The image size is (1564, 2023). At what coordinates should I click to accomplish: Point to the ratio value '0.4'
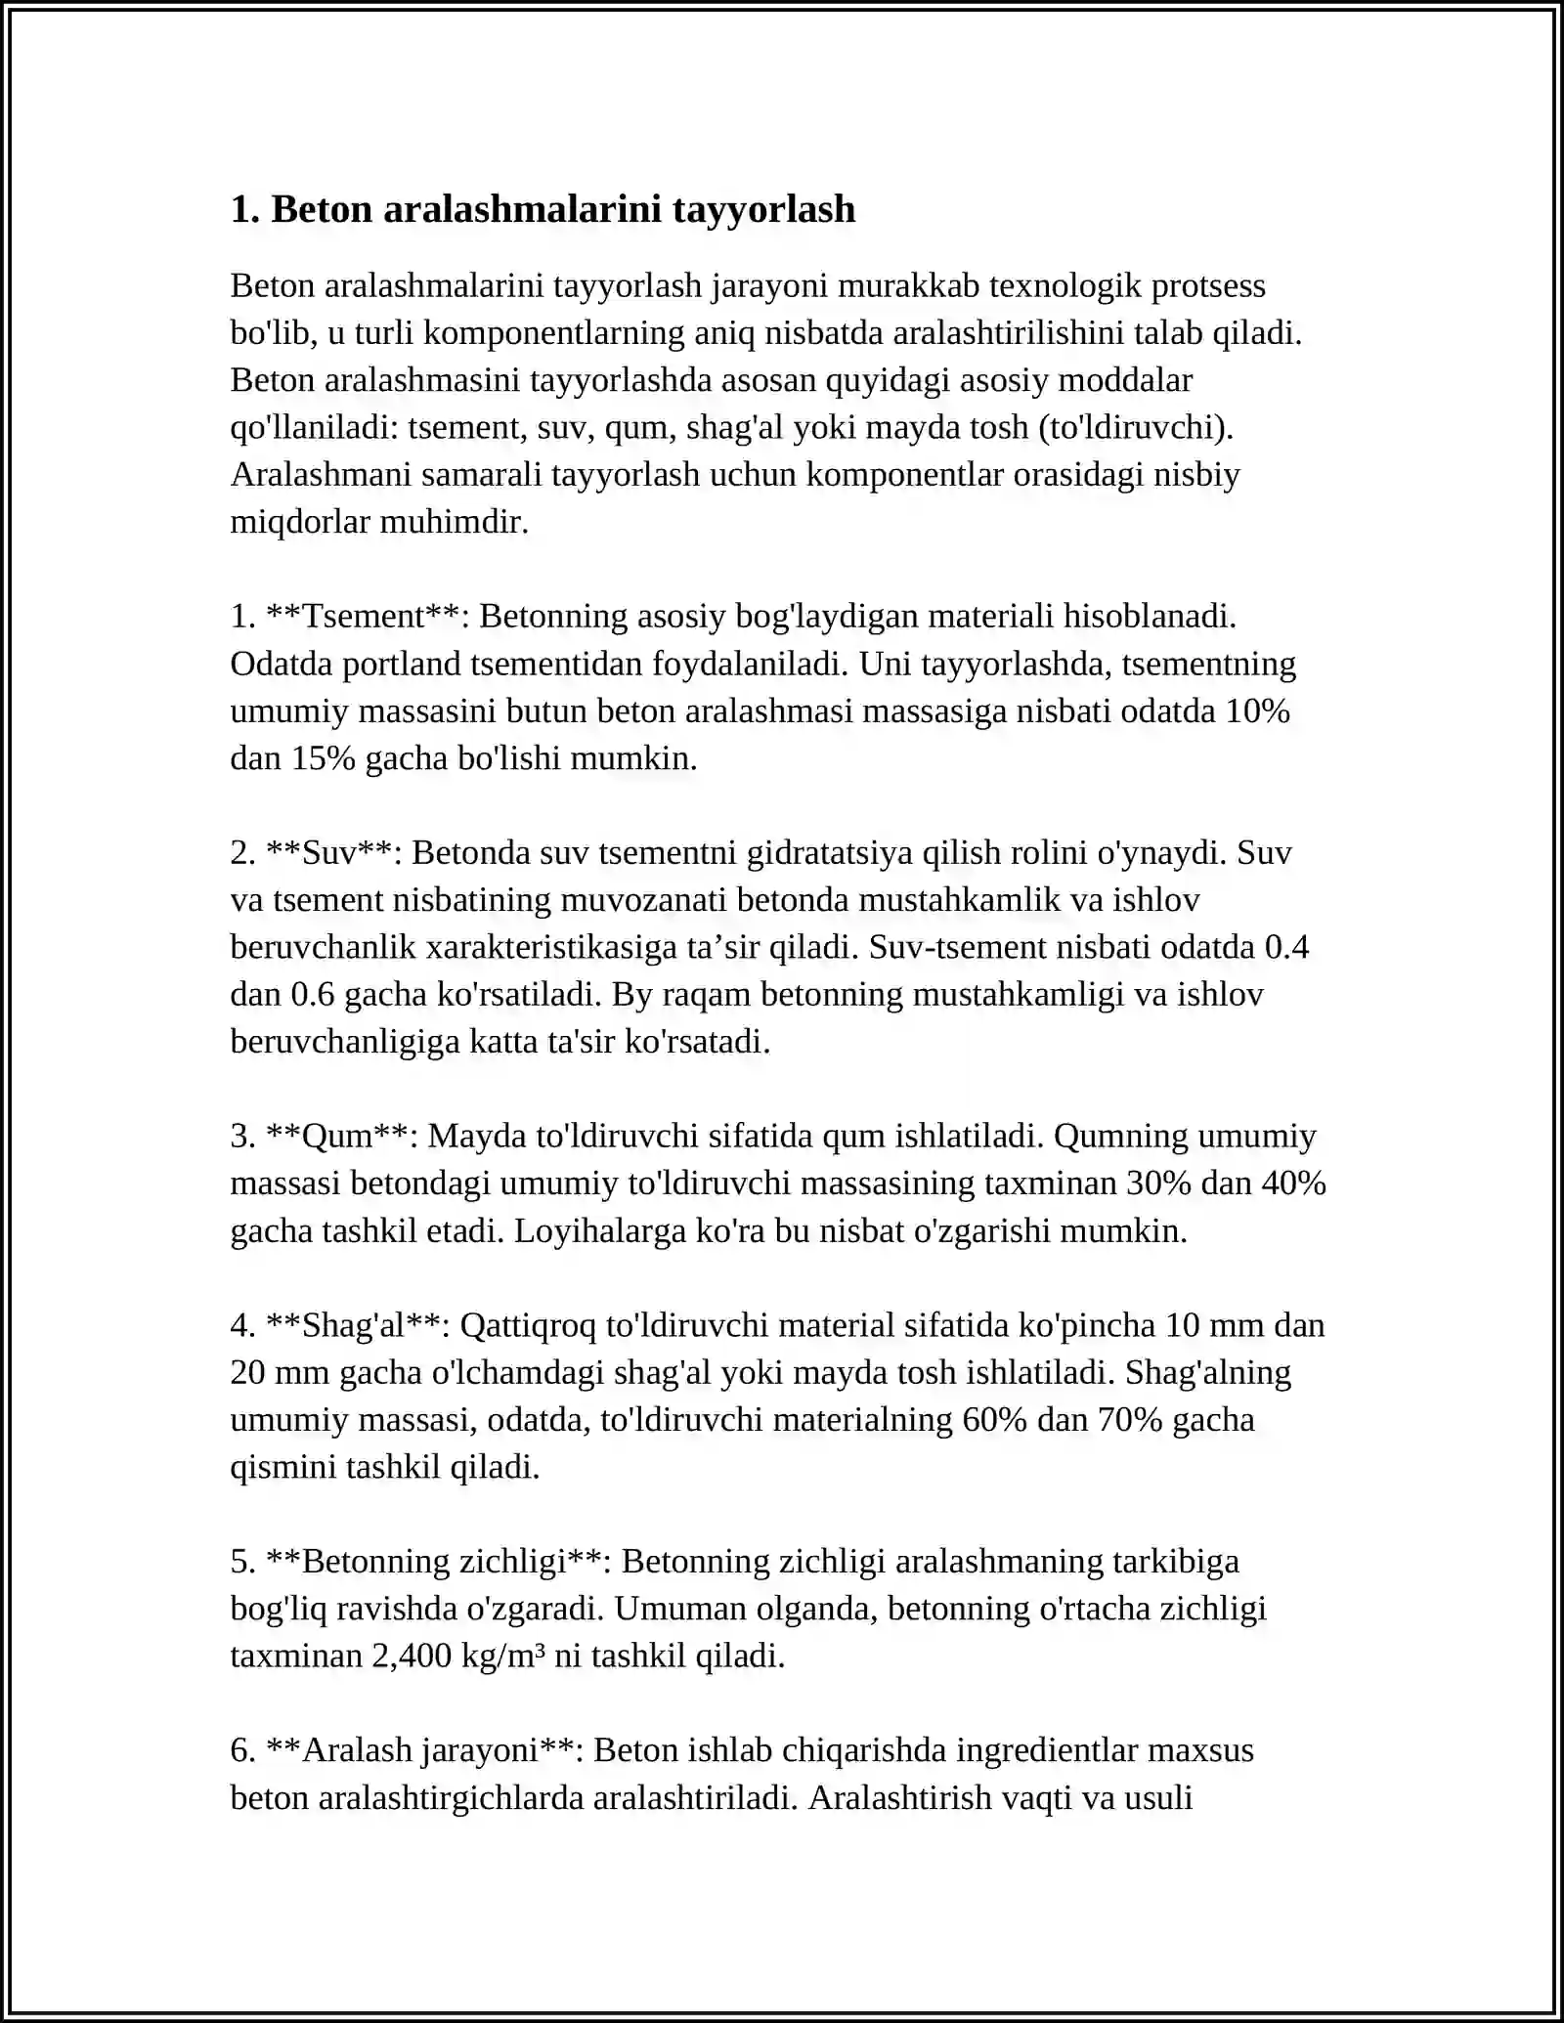[1286, 947]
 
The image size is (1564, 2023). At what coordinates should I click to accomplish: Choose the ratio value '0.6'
[313, 994]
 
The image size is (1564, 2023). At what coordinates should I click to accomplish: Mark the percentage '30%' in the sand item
[1159, 1183]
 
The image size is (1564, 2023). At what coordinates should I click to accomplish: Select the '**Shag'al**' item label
[357, 1325]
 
